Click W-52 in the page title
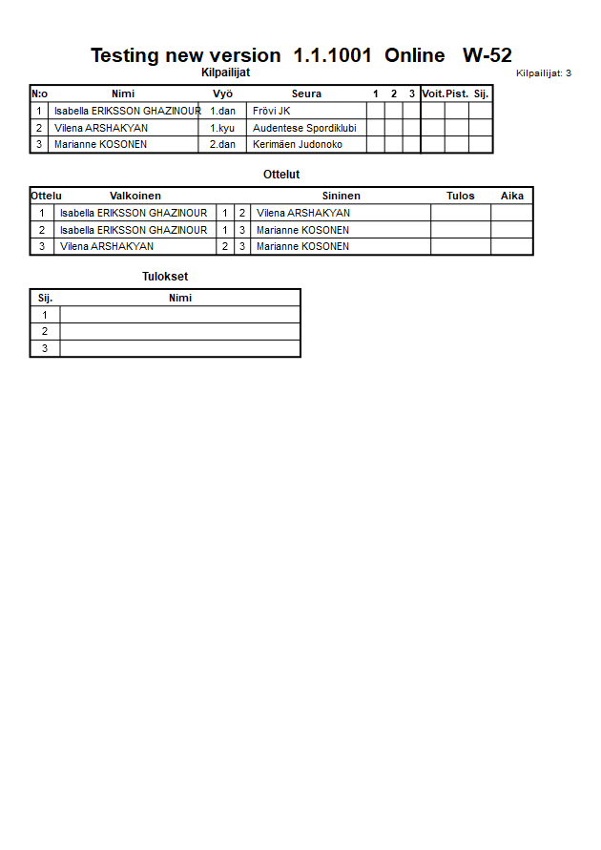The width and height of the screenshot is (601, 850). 487,55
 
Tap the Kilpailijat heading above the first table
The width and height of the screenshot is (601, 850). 226,73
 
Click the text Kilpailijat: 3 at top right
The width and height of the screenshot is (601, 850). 544,73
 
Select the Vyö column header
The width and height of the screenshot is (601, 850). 222,93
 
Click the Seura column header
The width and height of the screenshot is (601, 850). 306,93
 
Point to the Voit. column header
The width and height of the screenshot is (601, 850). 432,93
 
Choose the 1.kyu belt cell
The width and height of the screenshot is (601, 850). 222,128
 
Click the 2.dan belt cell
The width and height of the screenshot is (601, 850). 222,145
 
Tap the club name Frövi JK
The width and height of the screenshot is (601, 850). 271,111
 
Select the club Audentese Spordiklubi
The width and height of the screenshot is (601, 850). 304,128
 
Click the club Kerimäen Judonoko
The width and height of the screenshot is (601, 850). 297,145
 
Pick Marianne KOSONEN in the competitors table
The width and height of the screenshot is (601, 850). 100,145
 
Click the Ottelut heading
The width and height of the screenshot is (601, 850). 281,175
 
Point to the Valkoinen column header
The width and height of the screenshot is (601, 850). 135,196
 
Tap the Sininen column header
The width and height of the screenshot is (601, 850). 341,196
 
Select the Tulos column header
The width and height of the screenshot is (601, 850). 461,196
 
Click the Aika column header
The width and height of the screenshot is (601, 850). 512,196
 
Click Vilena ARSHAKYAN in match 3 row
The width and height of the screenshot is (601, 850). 107,246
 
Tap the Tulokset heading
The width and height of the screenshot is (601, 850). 165,277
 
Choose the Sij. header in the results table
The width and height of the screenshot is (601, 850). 45,298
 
